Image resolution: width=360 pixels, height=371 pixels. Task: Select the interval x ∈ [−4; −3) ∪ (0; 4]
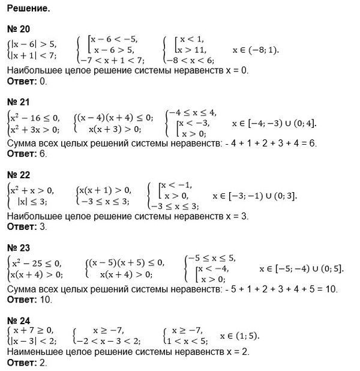coord(275,123)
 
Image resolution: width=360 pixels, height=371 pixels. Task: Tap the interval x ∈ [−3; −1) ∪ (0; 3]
coord(256,196)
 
